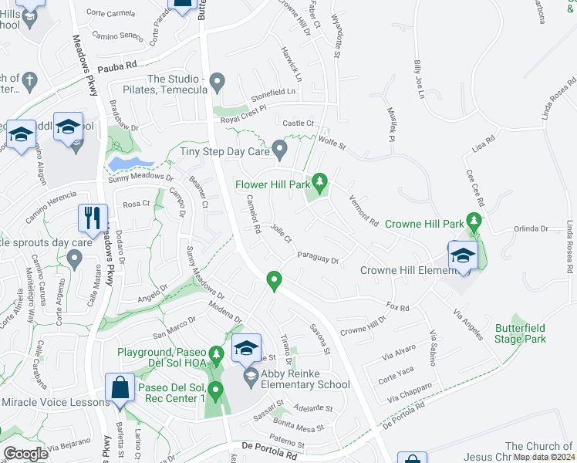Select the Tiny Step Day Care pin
280,147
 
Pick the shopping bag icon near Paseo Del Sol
122,388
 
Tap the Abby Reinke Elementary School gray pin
251,376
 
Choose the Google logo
25,454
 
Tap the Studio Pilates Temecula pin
218,80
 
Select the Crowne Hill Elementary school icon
463,256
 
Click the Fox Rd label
398,308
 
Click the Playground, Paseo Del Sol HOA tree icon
217,354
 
